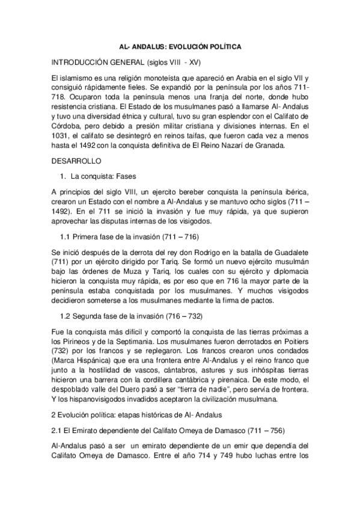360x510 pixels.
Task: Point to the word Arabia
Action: pyautogui.click(x=236, y=78)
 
